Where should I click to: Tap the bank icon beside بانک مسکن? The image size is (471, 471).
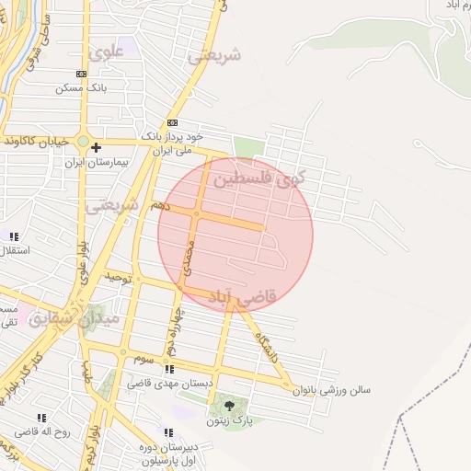pyautogui.click(x=81, y=73)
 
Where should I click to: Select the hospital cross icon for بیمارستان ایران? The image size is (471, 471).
pyautogui.click(x=96, y=147)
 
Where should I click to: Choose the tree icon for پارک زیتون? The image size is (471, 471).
pyautogui.click(x=228, y=405)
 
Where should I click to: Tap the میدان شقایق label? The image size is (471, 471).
pyautogui.click(x=74, y=318)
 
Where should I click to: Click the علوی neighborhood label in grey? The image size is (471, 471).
pyautogui.click(x=108, y=52)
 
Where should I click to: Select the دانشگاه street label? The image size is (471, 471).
pyautogui.click(x=267, y=341)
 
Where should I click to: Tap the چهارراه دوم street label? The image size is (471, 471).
pyautogui.click(x=171, y=331)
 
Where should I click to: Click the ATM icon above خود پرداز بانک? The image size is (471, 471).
pyautogui.click(x=172, y=122)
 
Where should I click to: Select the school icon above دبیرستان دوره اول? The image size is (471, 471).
pyautogui.click(x=167, y=431)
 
